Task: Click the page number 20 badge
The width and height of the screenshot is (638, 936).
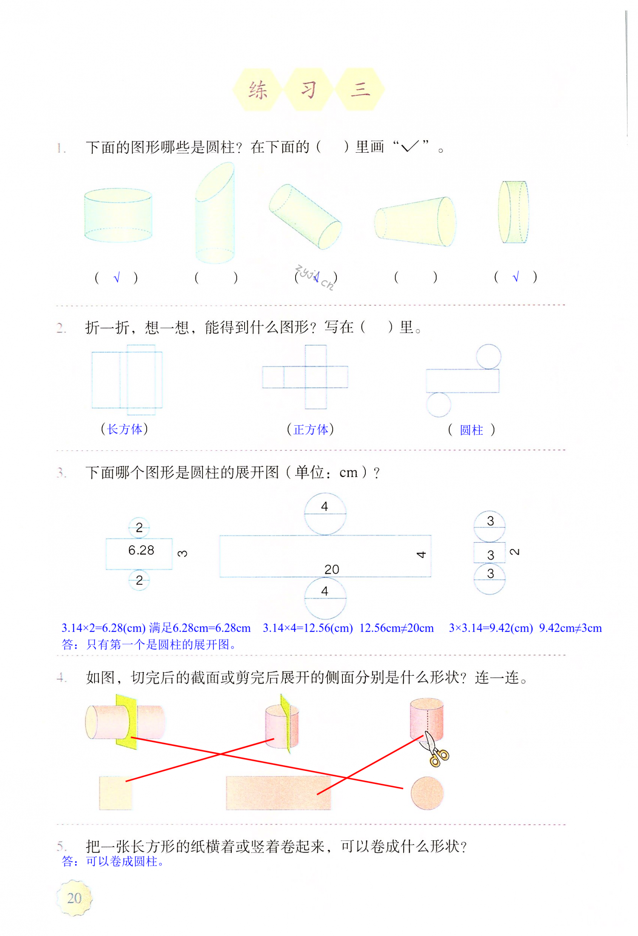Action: [74, 898]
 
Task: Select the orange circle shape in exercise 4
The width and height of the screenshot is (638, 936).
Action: [427, 793]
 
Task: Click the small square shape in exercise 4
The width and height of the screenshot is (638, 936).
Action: [115, 793]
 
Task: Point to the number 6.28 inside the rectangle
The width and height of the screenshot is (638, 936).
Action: [141, 550]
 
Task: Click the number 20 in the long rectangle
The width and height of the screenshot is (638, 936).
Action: [332, 569]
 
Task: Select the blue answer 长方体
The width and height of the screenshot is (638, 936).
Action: [125, 429]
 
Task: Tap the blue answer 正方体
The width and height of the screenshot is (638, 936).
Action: [310, 430]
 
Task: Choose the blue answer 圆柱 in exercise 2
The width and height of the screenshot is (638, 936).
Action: [471, 430]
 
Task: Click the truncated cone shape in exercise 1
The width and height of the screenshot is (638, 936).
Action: [415, 222]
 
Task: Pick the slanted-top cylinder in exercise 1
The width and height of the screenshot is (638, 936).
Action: [215, 213]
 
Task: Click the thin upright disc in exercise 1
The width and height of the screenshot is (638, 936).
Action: [513, 212]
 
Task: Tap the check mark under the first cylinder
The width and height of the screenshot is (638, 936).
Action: [117, 278]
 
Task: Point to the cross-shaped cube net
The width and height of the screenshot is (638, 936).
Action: [305, 377]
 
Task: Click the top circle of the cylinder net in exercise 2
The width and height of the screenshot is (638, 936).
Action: [488, 356]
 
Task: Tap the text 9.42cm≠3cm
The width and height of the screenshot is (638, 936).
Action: [570, 628]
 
